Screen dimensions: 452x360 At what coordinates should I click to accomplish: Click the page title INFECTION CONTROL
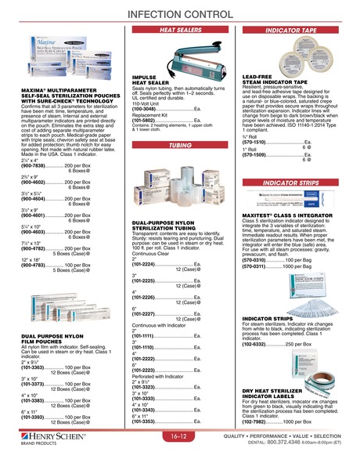click(x=179, y=15)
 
